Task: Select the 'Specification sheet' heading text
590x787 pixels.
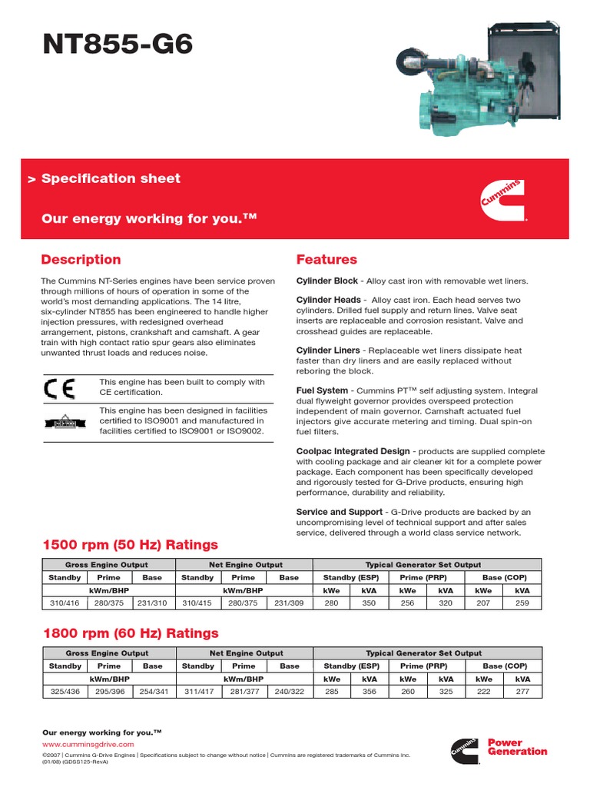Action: [x=111, y=178]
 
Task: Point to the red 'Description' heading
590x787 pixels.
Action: [x=81, y=260]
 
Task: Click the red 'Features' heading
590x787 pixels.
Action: [x=326, y=260]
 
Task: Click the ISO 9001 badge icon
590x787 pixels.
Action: [x=59, y=421]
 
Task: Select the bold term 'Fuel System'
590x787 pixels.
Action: [x=322, y=390]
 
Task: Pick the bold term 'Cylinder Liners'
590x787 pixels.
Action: [x=328, y=350]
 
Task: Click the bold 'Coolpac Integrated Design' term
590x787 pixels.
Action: [x=353, y=451]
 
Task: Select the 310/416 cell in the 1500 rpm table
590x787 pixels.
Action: [x=65, y=603]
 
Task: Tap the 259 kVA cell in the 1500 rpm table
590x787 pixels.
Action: [x=523, y=603]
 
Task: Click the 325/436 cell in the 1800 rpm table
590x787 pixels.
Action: [x=65, y=692]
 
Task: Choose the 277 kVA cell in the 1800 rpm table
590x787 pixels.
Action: [x=523, y=692]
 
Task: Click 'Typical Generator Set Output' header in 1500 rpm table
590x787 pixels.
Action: [x=423, y=565]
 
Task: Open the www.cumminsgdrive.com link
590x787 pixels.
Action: [x=88, y=745]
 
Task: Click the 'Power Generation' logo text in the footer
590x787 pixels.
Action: [x=517, y=747]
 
